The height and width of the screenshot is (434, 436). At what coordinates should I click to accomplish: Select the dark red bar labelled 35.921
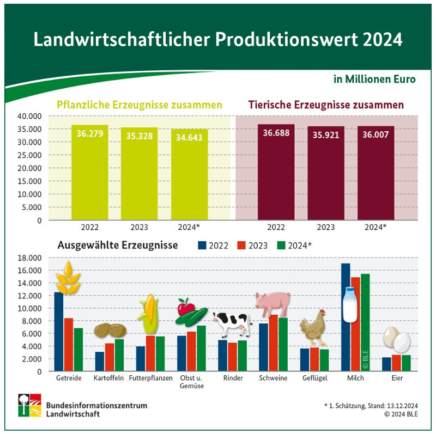click(325, 174)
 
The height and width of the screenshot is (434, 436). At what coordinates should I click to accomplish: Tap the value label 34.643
click(189, 137)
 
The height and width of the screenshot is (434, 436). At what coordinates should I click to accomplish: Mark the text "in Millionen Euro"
click(374, 79)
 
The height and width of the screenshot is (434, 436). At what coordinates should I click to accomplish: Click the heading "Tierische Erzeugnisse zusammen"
click(326, 104)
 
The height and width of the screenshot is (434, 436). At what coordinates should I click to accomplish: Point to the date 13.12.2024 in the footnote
click(399, 406)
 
